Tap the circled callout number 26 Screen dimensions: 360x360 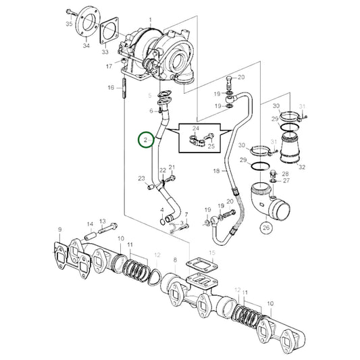[x=265, y=228]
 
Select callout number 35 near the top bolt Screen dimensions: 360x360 [x=68, y=24]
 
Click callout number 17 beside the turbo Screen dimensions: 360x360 [x=109, y=67]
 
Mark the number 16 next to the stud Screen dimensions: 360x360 [x=111, y=87]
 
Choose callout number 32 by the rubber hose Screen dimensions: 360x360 [x=301, y=167]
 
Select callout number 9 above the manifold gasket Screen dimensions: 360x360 [x=60, y=230]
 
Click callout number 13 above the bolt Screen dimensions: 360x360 [x=103, y=221]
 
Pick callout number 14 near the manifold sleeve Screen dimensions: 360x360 [x=90, y=224]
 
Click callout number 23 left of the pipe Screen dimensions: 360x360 [x=142, y=179]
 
